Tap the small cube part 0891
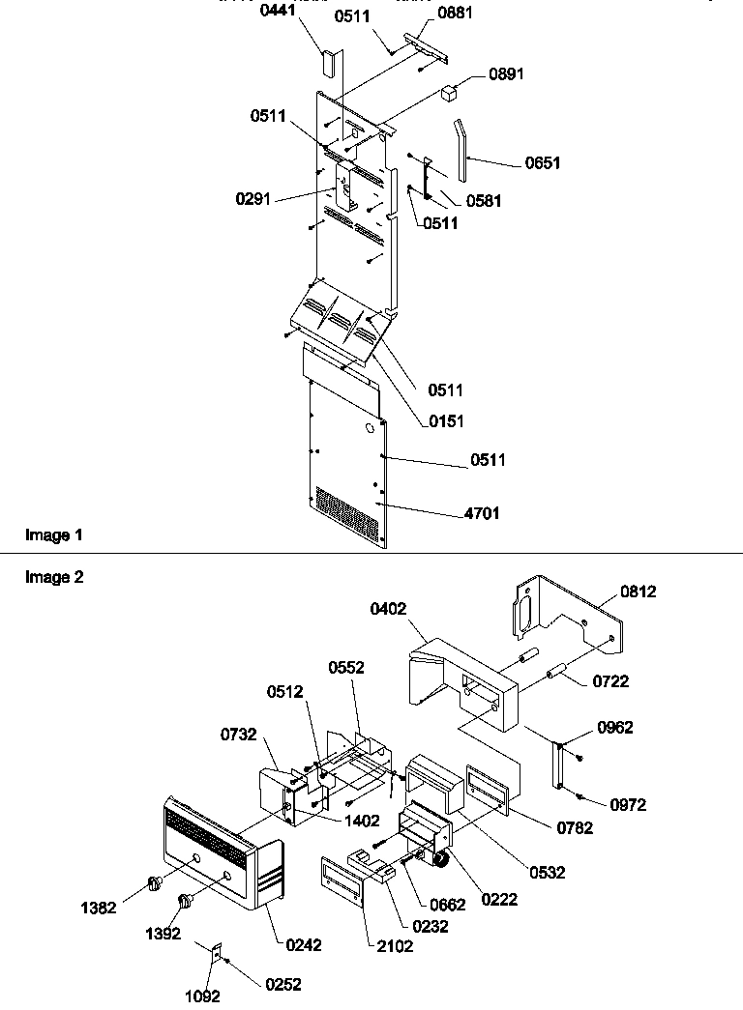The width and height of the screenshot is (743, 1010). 450,93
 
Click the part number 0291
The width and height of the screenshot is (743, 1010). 252,199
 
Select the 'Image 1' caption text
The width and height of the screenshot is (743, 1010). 47,535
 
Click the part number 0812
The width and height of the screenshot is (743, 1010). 639,592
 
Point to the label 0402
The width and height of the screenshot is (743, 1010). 388,609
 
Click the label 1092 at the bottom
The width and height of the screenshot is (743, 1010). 204,996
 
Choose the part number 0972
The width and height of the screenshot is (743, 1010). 628,804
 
